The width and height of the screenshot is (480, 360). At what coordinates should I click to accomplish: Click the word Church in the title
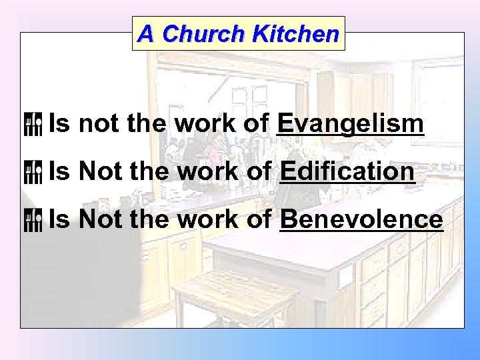(x=203, y=33)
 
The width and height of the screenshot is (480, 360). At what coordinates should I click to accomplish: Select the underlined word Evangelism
(x=350, y=123)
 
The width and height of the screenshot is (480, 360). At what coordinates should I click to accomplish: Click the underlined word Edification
(x=347, y=171)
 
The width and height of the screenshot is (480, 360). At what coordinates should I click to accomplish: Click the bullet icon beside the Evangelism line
(x=33, y=124)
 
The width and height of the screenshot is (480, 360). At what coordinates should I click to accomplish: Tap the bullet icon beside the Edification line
(x=33, y=172)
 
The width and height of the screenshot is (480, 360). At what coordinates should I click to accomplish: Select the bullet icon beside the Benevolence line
(x=33, y=219)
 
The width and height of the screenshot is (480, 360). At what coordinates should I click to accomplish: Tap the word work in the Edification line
(x=212, y=171)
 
